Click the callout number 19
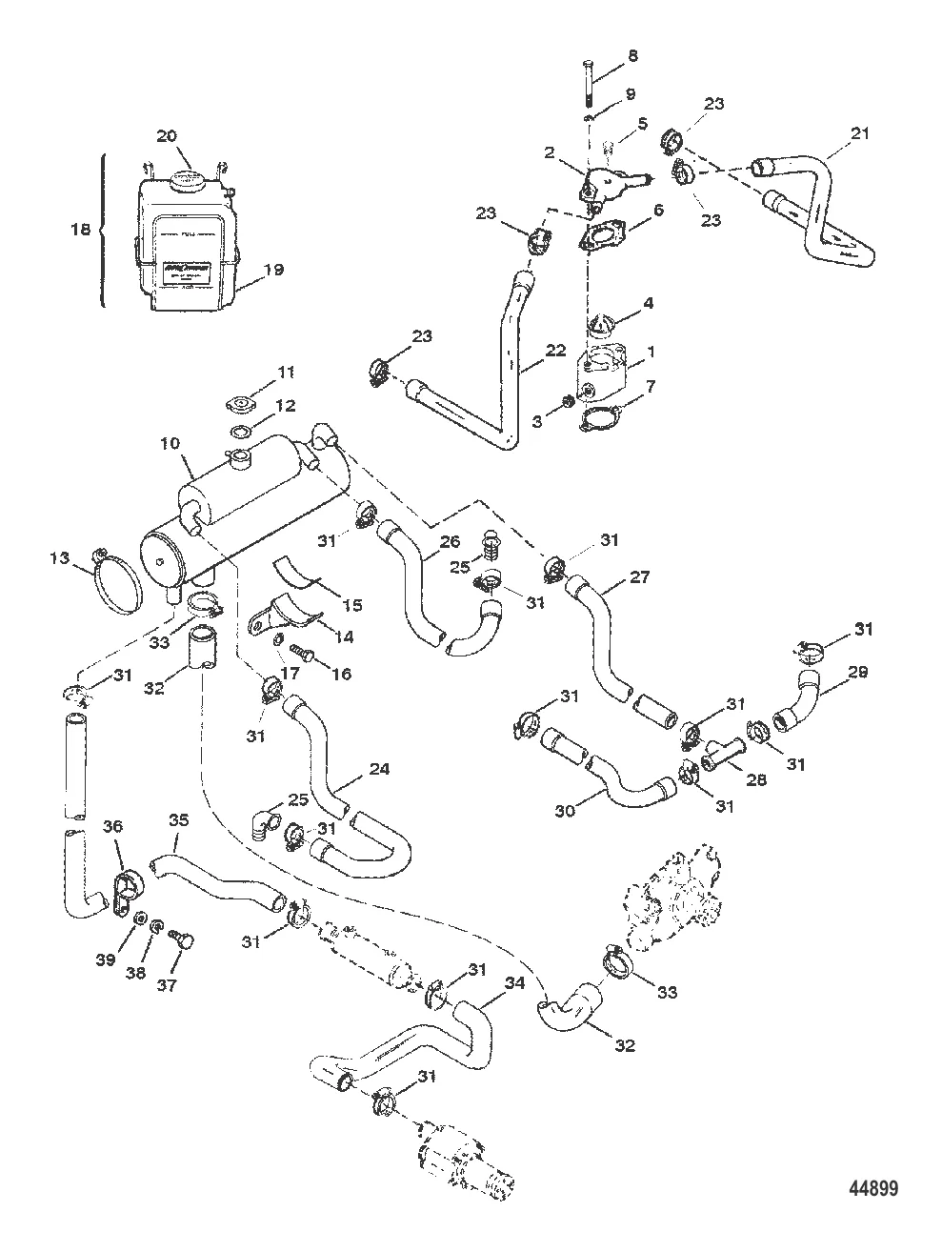click(272, 271)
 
